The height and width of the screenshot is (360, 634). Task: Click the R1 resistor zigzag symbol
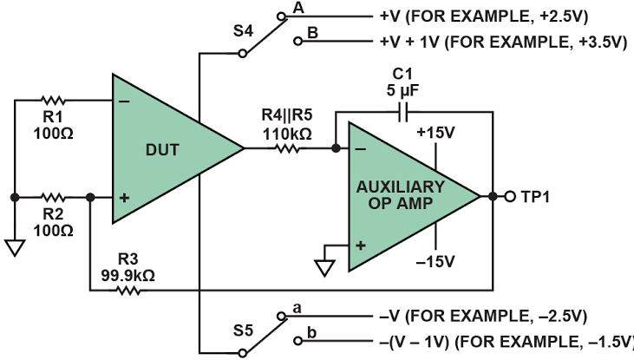[x=53, y=100]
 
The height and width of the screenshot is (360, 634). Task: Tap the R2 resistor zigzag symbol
[x=53, y=198]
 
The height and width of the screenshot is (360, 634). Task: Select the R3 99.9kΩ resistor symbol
[x=128, y=291]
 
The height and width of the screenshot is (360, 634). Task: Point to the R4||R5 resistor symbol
[x=287, y=148]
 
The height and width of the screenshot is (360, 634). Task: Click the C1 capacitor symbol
[x=402, y=112]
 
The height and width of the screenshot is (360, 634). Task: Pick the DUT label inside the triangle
[x=162, y=150]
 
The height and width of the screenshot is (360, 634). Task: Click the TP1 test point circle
[x=510, y=197]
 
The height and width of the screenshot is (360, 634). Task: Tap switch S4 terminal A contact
[x=281, y=16]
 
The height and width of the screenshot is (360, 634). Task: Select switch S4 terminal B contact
[x=298, y=41]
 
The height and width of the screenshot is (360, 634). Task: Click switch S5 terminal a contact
[x=281, y=316]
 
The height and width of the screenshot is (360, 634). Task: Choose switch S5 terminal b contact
[x=298, y=341]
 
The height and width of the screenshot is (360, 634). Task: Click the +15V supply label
[x=435, y=133]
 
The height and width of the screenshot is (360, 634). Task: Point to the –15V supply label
[x=435, y=262]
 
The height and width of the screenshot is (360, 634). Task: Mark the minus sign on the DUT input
[x=124, y=101]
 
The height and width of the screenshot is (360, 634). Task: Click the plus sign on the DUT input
[x=124, y=198]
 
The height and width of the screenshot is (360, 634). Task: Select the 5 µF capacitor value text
[x=402, y=90]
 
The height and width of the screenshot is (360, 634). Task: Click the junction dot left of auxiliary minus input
[x=336, y=148]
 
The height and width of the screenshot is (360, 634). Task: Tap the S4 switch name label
[x=243, y=31]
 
